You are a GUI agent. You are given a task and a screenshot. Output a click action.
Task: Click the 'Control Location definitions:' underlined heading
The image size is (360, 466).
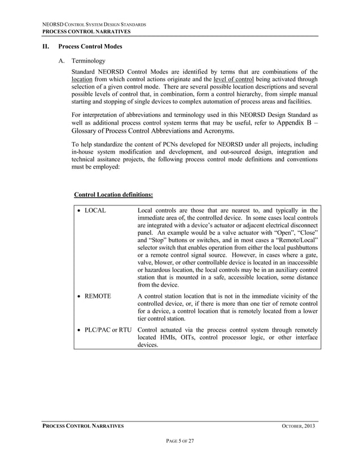point(113,195)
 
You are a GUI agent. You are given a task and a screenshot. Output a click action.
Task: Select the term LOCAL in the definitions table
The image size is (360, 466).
point(95,211)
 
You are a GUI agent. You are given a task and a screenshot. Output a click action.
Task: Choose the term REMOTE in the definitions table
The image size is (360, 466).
point(98,296)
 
